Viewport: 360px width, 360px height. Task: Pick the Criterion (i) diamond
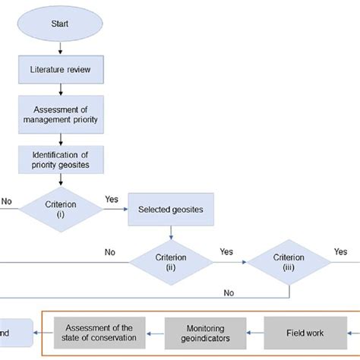[59, 207]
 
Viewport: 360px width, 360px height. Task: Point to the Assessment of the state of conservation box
[99, 332]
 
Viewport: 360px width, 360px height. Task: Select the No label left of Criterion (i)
[7, 202]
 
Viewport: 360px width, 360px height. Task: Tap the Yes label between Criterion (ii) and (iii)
[226, 251]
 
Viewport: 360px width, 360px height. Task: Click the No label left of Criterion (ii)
[109, 251]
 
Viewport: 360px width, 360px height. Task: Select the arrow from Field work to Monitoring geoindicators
[254, 332]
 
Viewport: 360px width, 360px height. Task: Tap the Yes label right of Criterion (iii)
[341, 251]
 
